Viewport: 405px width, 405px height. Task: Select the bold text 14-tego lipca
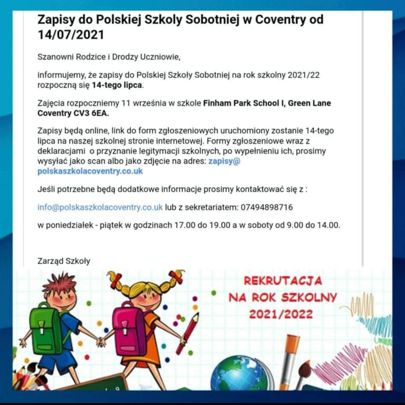[x=117, y=85]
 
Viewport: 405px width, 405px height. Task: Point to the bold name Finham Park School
[x=241, y=103]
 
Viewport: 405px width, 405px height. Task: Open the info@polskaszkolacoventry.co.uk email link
[x=100, y=207]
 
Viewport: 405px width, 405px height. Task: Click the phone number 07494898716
[x=267, y=207]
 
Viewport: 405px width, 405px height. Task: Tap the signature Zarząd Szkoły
[x=64, y=261]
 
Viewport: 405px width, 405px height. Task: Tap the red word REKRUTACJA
[x=283, y=281]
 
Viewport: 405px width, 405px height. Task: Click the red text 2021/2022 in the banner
[x=281, y=314]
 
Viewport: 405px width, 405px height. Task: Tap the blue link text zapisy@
[x=224, y=161]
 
